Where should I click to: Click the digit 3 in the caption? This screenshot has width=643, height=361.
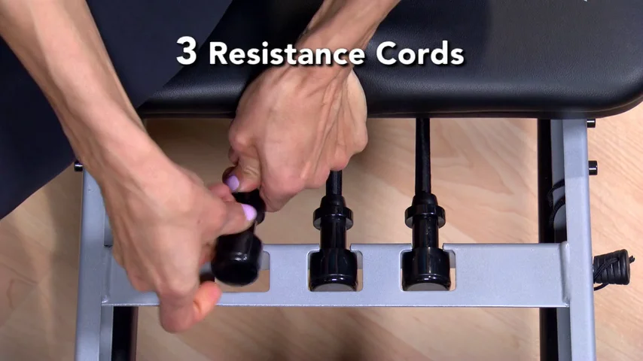tap(186, 51)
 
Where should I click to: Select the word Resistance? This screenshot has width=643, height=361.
tap(287, 53)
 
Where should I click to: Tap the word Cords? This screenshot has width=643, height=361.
tap(419, 53)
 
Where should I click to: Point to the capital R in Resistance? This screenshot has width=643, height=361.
tap(218, 53)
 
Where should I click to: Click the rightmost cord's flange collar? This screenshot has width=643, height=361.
tap(425, 214)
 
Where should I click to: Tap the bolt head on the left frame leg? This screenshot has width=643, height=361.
tap(78, 166)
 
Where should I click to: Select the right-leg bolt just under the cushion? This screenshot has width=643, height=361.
tap(591, 123)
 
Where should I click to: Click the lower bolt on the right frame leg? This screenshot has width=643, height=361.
tap(593, 168)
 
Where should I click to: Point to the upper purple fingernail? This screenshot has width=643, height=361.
tap(233, 183)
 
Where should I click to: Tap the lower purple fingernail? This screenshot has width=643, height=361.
tap(249, 213)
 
